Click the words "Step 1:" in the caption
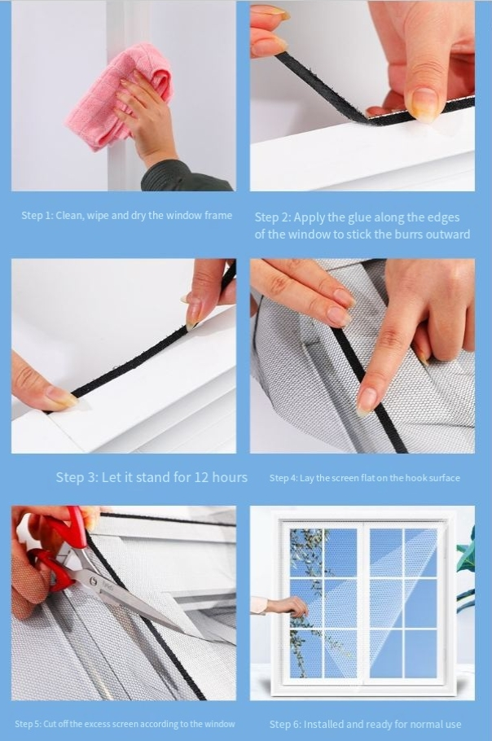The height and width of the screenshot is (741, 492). coord(37,216)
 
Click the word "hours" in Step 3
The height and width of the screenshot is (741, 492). coord(230,477)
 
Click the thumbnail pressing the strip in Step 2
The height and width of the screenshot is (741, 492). coord(424,104)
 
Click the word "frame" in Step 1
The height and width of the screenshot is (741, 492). coord(217,216)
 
